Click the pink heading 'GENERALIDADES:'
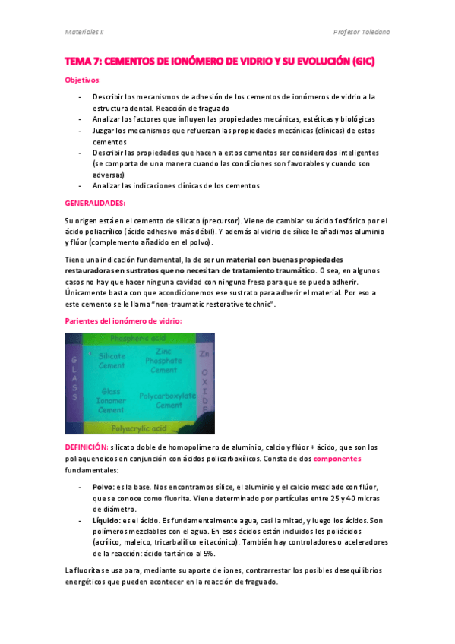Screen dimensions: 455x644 [x=95, y=204]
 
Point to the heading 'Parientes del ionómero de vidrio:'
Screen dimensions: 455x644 [x=123, y=322]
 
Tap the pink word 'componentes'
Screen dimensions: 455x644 [x=337, y=459]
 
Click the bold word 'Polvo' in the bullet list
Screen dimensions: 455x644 [x=102, y=486]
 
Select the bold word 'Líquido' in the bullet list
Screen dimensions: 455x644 [x=105, y=521]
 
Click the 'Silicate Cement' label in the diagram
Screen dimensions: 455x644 [x=112, y=361]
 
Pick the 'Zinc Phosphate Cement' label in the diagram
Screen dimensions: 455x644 [x=163, y=361]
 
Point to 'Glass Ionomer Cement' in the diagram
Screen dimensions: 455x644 [x=112, y=400]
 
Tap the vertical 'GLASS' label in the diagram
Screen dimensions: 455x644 [x=74, y=377]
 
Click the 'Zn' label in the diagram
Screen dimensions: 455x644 [x=203, y=354]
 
